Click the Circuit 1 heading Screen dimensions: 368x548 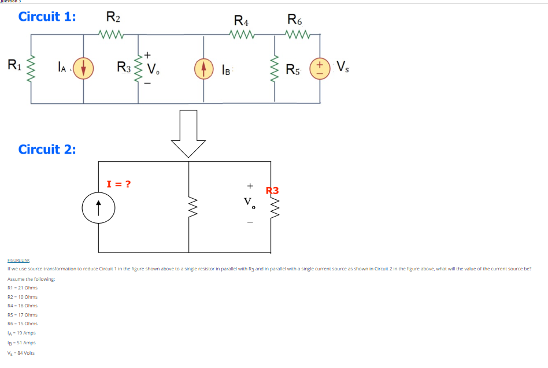point(47,17)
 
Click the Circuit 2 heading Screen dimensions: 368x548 point(47,149)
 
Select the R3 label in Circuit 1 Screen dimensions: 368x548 point(124,66)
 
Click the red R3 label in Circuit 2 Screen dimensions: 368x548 point(272,190)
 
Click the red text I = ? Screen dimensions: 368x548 point(119,184)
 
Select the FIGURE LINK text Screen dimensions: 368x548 point(18,261)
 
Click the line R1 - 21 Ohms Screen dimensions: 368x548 point(23,288)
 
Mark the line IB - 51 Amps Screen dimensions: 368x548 point(21,343)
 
